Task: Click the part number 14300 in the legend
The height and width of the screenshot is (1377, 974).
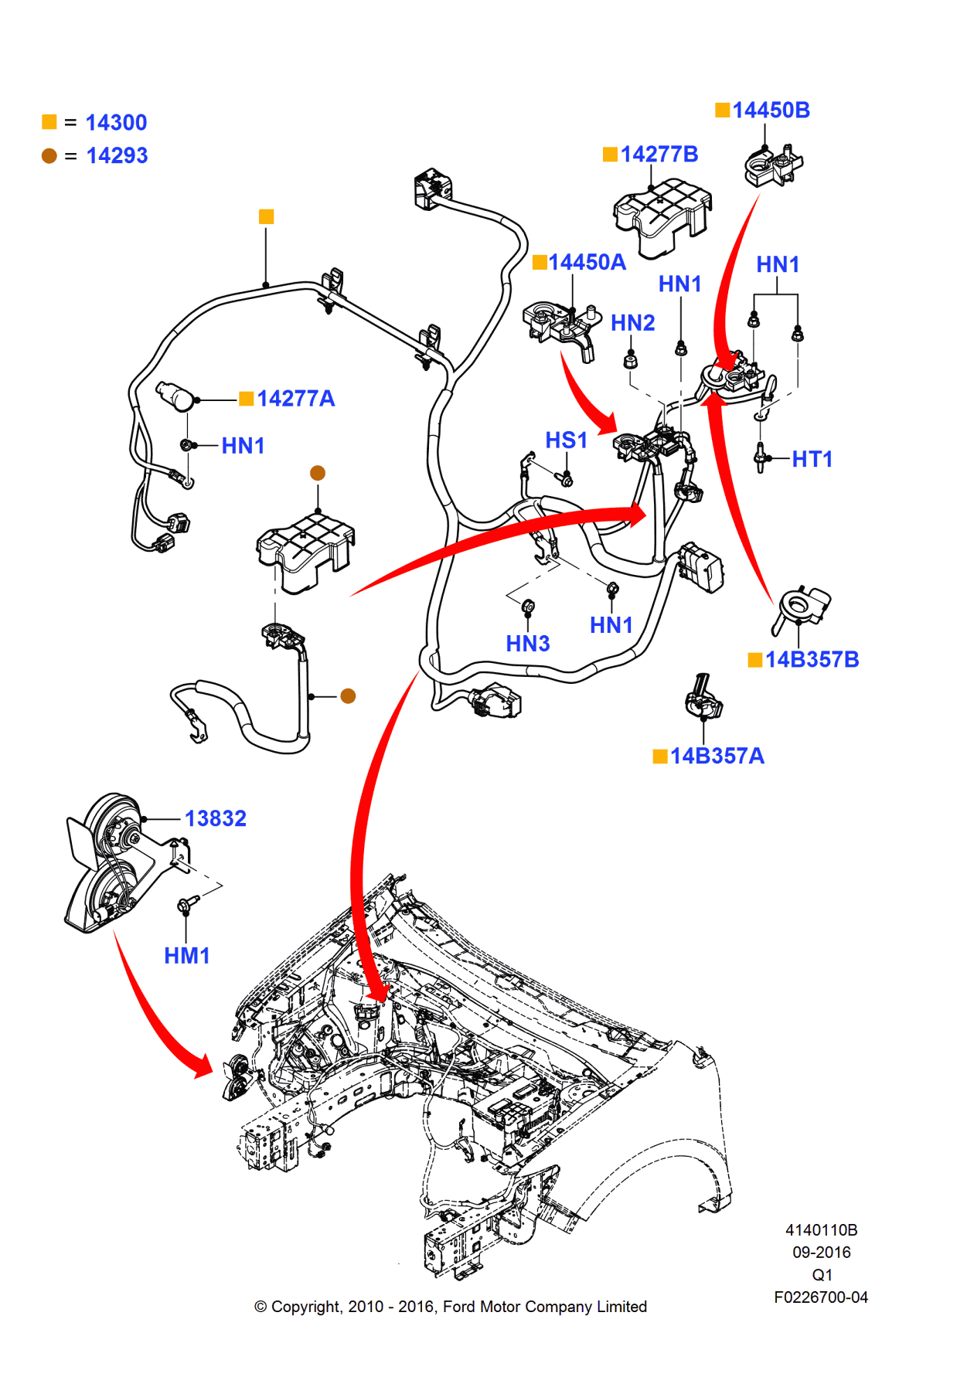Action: pyautogui.click(x=116, y=123)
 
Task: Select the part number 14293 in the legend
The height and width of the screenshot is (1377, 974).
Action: pyautogui.click(x=117, y=156)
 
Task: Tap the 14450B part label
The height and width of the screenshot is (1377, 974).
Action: pyautogui.click(x=771, y=110)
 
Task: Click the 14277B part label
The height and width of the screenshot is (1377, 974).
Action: pyautogui.click(x=659, y=155)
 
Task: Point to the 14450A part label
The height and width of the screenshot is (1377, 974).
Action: pyautogui.click(x=587, y=263)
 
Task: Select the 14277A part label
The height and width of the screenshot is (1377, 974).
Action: pyautogui.click(x=295, y=399)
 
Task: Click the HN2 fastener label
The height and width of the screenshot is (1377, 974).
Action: pyautogui.click(x=632, y=323)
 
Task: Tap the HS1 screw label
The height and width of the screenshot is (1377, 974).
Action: pyautogui.click(x=566, y=440)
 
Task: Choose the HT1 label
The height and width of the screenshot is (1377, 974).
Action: pyautogui.click(x=812, y=460)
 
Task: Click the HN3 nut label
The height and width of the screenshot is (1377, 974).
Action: pyautogui.click(x=527, y=644)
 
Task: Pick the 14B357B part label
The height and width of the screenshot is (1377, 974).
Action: pyautogui.click(x=812, y=660)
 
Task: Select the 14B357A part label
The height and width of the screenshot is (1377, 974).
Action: pyautogui.click(x=717, y=756)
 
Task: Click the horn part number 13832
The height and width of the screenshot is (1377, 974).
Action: pyautogui.click(x=215, y=819)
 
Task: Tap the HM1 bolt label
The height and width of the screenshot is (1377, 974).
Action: pyautogui.click(x=186, y=957)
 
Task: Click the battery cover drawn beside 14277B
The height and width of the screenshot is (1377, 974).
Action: pyautogui.click(x=661, y=215)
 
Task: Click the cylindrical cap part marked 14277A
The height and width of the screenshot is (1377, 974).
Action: pyautogui.click(x=175, y=396)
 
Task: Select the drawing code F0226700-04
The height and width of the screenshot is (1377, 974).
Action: pyautogui.click(x=820, y=1297)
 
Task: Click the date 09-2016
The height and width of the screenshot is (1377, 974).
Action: pyautogui.click(x=821, y=1253)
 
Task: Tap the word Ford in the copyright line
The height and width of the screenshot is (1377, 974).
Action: pyautogui.click(x=459, y=1307)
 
